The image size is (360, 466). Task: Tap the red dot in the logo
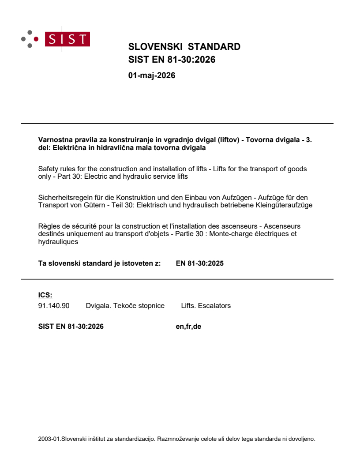[x=36, y=39]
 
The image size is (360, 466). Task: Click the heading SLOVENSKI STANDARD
[x=184, y=47]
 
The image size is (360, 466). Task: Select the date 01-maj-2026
[x=151, y=75]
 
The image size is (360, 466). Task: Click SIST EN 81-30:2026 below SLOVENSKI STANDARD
[x=172, y=59]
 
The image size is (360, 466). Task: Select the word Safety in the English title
[x=48, y=169]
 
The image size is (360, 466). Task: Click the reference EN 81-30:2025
[x=199, y=264]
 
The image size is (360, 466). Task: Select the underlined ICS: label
[x=45, y=295]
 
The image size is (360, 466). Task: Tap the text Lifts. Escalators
[x=206, y=305]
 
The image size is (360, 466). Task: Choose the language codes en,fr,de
[x=188, y=327]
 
